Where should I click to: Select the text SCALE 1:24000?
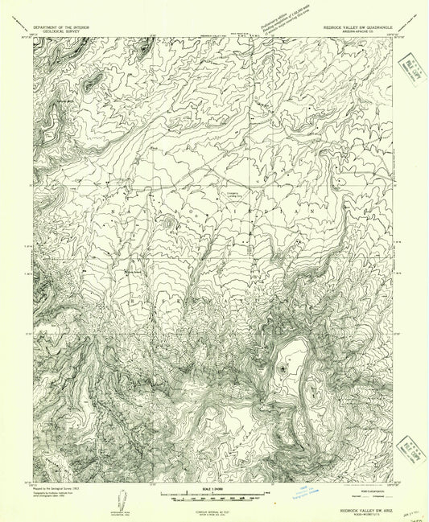(x=213, y=491)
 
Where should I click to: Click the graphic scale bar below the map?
(x=213, y=498)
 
